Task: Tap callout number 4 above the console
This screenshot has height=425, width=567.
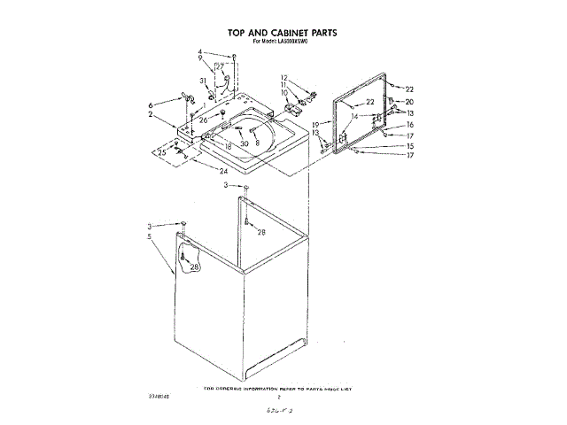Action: pyautogui.click(x=200, y=51)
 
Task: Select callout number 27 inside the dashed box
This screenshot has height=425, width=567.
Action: pyautogui.click(x=220, y=66)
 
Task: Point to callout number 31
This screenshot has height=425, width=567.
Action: pyautogui.click(x=203, y=81)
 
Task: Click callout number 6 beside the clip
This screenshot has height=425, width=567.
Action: pyautogui.click(x=151, y=104)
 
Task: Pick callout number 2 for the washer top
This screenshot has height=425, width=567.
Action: pyautogui.click(x=151, y=114)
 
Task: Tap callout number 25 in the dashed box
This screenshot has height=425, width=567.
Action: pyautogui.click(x=162, y=153)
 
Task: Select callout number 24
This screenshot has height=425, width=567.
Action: pyautogui.click(x=224, y=171)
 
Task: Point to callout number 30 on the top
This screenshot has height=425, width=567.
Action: pyautogui.click(x=244, y=143)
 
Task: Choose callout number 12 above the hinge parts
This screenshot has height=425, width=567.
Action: pyautogui.click(x=284, y=77)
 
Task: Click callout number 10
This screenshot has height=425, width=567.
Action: pyautogui.click(x=284, y=92)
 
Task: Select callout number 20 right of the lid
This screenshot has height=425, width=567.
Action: pyautogui.click(x=409, y=102)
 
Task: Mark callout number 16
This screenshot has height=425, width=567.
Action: pyautogui.click(x=409, y=125)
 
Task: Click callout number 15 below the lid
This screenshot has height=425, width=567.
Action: pyautogui.click(x=409, y=145)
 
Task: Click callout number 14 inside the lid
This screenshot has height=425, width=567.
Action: pyautogui.click(x=353, y=116)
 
